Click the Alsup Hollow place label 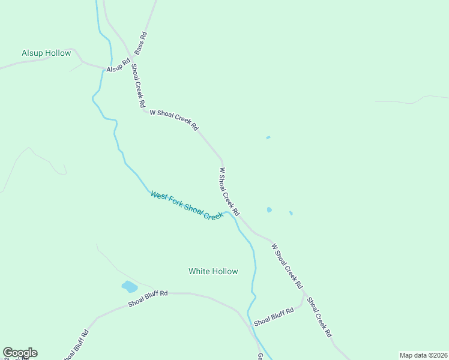click(x=46, y=53)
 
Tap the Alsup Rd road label click(x=118, y=65)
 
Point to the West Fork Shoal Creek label click(x=186, y=205)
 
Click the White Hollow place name click(x=213, y=271)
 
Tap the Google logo click(x=20, y=353)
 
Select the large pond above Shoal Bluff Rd click(x=129, y=286)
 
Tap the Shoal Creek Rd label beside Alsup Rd click(x=137, y=86)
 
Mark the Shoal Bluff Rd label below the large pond click(x=147, y=299)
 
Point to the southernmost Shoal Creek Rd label click(x=319, y=317)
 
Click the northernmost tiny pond click(x=268, y=137)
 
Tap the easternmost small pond click(x=291, y=212)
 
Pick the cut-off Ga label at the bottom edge click(x=260, y=356)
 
